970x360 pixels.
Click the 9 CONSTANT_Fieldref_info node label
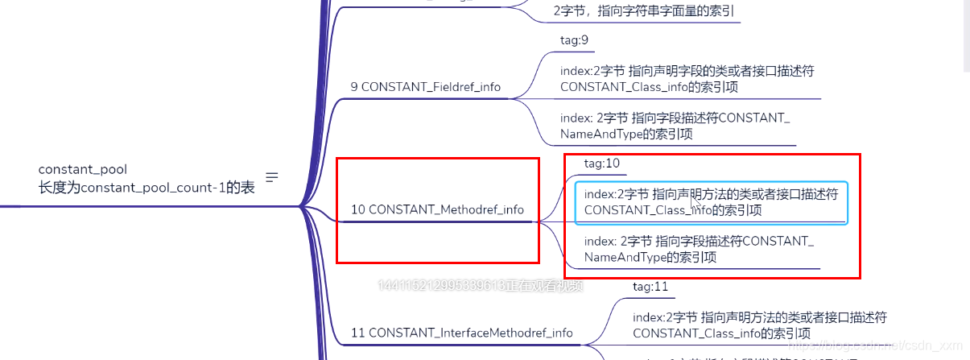(x=425, y=87)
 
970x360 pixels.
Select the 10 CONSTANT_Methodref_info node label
(x=437, y=209)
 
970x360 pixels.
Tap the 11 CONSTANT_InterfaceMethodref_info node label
(x=462, y=333)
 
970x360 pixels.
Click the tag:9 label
(x=575, y=39)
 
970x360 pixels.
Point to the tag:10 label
(x=601, y=163)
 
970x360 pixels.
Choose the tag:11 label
(x=650, y=286)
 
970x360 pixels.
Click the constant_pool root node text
(x=83, y=169)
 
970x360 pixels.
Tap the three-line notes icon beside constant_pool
(x=272, y=177)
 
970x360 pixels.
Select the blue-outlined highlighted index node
(x=711, y=202)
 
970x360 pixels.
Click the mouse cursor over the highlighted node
(x=697, y=208)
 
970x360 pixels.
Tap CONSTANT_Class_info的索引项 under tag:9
(x=649, y=87)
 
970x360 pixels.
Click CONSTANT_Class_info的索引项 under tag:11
(x=721, y=333)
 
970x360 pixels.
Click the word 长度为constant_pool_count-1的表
(x=147, y=187)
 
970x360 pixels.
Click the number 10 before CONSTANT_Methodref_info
(x=358, y=209)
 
